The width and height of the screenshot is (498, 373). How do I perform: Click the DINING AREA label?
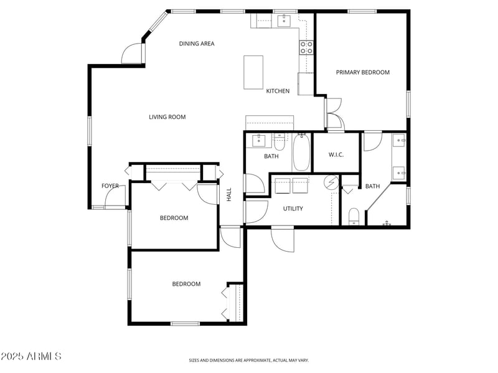point(197,44)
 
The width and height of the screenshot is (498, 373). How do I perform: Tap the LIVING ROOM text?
point(167,117)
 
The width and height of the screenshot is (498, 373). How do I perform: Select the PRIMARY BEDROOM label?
point(362,72)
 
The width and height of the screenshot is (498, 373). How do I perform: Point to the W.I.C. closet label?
point(336,155)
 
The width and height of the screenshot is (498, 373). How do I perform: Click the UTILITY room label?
point(293,209)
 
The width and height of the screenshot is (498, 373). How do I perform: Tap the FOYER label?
point(110,186)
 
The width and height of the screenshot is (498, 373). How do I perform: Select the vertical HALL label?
point(229,194)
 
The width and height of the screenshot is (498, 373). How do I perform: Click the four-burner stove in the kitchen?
point(306,47)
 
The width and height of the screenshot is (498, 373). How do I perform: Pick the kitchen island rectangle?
point(253,72)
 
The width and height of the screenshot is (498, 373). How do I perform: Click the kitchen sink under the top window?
point(284,21)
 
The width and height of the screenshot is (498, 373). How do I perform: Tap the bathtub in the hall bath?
point(301,153)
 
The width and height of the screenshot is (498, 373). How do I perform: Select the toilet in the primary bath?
point(354,216)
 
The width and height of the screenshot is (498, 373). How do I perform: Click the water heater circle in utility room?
point(332,183)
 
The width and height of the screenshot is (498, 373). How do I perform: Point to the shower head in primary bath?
point(387,222)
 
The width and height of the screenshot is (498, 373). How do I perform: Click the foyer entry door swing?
point(115,198)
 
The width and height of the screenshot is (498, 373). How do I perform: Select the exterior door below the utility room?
point(282,238)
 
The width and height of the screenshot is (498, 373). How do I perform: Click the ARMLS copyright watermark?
point(31,356)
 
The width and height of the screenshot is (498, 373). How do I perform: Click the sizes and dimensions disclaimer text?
point(248,360)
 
